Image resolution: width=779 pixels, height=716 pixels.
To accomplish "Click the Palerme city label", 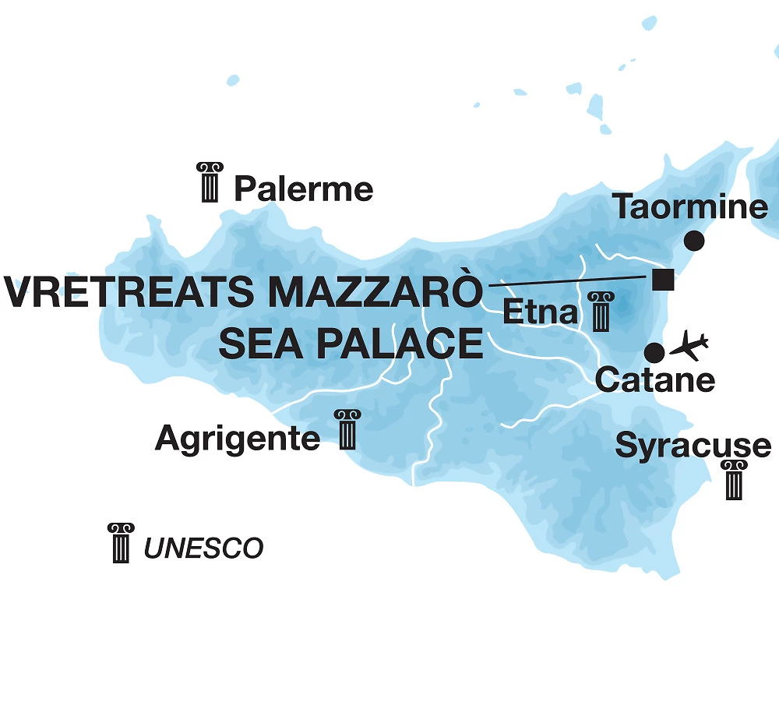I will tap(304, 189).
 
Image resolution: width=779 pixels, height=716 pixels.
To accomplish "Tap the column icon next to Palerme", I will tap(210, 182).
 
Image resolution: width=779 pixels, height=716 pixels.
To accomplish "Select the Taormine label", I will tap(690, 207).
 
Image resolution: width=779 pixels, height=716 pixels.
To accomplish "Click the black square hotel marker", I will tap(663, 279).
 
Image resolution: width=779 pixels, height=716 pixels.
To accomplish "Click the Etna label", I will tap(541, 312).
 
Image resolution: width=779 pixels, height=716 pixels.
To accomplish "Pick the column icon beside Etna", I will tap(599, 312).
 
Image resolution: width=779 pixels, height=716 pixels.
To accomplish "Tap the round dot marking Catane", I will tap(654, 353).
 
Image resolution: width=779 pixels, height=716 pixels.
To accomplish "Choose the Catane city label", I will tap(654, 381).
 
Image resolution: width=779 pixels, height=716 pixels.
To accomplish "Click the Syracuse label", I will tap(693, 446).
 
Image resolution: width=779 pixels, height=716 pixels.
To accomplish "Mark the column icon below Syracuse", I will tap(734, 480).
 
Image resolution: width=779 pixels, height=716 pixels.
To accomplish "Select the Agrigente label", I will tap(238, 439).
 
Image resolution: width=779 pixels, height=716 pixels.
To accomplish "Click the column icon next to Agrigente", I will tap(347, 429).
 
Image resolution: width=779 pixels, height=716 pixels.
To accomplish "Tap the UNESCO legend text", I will tap(203, 548).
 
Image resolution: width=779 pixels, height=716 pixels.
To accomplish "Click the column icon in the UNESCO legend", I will tap(121, 543).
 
